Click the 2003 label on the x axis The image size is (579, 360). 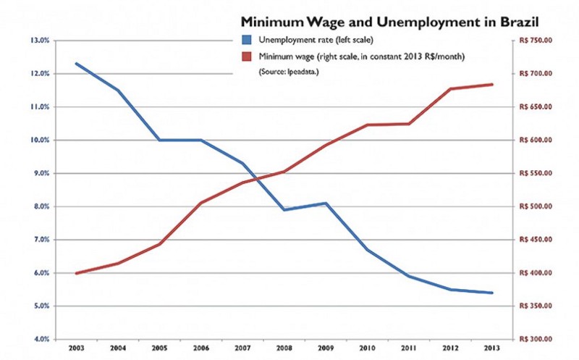click(x=76, y=348)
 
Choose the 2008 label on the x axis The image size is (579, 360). click(x=284, y=348)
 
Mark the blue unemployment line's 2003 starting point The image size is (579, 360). click(x=76, y=64)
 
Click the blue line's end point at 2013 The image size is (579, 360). click(x=492, y=293)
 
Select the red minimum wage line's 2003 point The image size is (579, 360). click(x=76, y=273)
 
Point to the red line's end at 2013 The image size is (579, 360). click(x=492, y=85)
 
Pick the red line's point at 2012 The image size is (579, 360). click(x=450, y=89)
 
